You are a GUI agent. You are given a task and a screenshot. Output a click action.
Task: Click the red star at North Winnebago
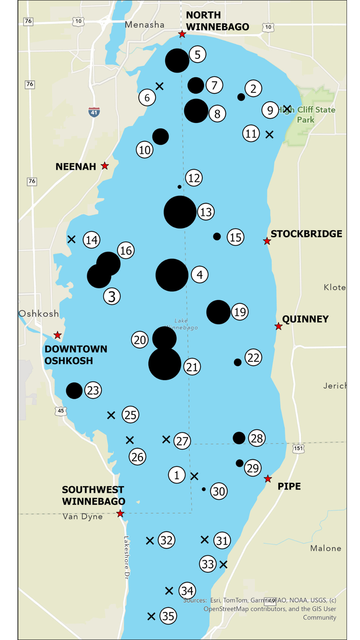[182, 34]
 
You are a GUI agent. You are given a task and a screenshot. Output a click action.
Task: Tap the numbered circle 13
[206, 212]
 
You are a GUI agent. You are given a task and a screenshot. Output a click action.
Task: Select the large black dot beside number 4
[172, 275]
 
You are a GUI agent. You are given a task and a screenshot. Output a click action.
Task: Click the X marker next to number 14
[71, 239]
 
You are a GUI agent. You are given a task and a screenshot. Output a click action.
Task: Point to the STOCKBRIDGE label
[306, 234]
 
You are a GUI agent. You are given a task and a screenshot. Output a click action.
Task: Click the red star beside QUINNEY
[279, 326]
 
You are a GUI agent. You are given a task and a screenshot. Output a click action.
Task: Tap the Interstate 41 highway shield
[94, 112]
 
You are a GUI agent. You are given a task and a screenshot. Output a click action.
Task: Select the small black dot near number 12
[180, 187]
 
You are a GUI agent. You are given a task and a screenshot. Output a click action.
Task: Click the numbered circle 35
[168, 616]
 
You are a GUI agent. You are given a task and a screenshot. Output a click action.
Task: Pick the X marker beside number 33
[223, 564]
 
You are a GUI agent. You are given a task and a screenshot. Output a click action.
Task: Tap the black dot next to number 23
[74, 391]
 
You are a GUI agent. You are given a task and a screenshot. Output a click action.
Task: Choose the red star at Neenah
[105, 166]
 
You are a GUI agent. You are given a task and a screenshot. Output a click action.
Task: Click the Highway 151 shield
[298, 448]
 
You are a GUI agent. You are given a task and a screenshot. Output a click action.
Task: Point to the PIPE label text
[289, 486]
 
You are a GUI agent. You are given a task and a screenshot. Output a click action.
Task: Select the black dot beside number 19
[218, 312]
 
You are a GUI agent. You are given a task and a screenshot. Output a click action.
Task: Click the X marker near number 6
[160, 86]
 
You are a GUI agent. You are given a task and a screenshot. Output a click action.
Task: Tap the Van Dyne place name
[83, 516]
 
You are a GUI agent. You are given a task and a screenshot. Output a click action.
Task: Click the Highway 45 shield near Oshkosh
[61, 411]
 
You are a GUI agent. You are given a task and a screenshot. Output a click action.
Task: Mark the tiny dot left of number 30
[204, 489]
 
